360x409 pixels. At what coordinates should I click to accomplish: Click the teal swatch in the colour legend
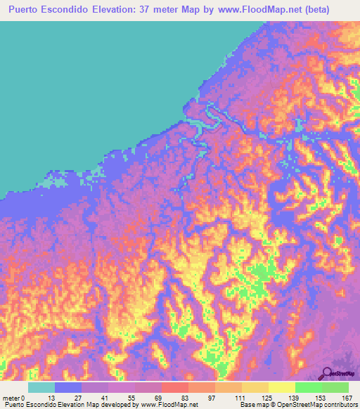pos(41,387)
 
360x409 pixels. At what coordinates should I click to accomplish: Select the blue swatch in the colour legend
pos(68,387)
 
